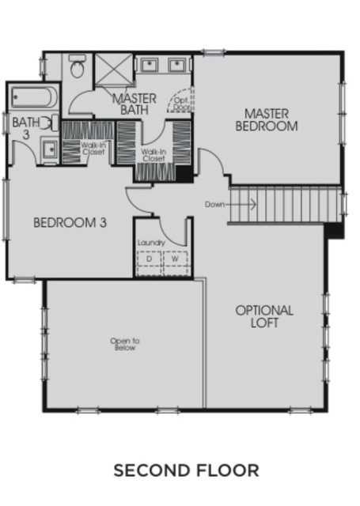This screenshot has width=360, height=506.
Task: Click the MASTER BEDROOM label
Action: [x=267, y=120]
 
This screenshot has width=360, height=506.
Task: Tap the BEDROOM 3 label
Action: [x=70, y=223]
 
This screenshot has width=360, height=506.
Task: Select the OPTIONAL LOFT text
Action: [x=264, y=316]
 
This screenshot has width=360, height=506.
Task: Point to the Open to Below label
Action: [x=125, y=345]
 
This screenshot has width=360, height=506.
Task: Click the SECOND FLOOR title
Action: [x=186, y=470]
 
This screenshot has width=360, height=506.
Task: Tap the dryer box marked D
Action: [x=150, y=259]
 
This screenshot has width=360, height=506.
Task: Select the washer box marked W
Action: [x=176, y=259]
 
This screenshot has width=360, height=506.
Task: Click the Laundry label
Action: [x=151, y=243]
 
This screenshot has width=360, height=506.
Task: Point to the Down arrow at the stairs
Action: [x=241, y=204]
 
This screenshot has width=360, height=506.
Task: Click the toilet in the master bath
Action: [x=78, y=66]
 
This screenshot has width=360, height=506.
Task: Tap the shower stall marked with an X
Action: [x=114, y=69]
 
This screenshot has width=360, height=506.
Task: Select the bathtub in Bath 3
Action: [x=33, y=96]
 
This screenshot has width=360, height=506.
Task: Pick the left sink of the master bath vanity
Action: [x=149, y=65]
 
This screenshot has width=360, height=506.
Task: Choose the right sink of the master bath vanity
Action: [x=177, y=65]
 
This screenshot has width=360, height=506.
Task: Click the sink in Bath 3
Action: [x=50, y=149]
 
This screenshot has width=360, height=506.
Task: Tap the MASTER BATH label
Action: [x=135, y=104]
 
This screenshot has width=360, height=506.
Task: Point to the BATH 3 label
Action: [x=26, y=128]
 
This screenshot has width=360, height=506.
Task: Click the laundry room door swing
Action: [x=172, y=232]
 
